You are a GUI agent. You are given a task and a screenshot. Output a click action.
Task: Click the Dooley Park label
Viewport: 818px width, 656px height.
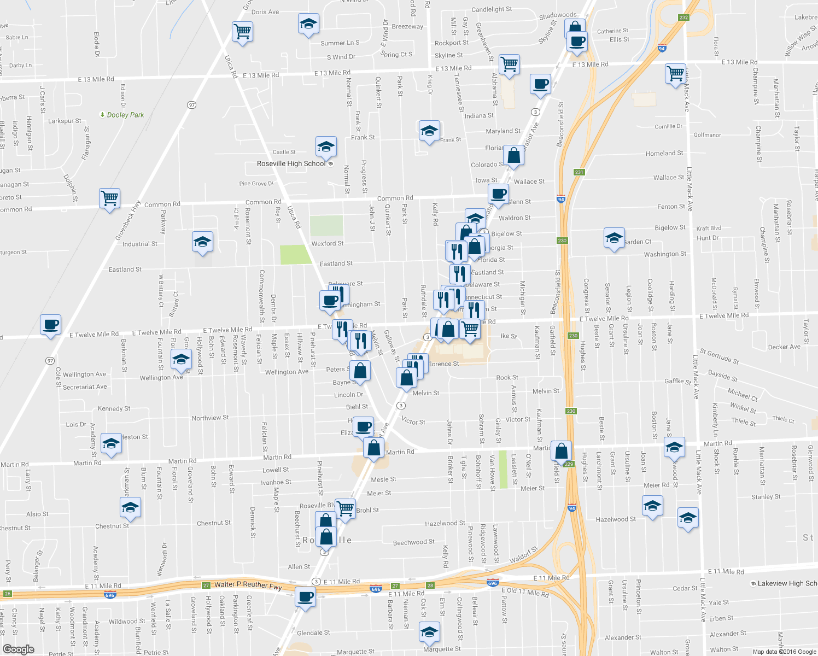pyautogui.click(x=125, y=115)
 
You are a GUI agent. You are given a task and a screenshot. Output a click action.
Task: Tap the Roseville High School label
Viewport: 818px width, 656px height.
pyautogui.click(x=291, y=163)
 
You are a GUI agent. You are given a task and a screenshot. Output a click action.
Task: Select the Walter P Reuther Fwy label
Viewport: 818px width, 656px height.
pyautogui.click(x=248, y=585)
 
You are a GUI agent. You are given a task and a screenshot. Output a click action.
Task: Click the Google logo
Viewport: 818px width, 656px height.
pyautogui.click(x=18, y=649)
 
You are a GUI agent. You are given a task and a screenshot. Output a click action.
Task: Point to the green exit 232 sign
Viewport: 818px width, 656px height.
pyautogui.click(x=683, y=17)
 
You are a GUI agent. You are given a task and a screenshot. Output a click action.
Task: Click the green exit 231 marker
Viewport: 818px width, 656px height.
pyautogui.click(x=580, y=172)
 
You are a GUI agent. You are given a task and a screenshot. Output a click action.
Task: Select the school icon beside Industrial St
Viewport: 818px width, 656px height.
pyautogui.click(x=202, y=242)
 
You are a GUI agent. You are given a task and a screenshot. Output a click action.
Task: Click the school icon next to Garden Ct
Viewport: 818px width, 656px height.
pyautogui.click(x=614, y=238)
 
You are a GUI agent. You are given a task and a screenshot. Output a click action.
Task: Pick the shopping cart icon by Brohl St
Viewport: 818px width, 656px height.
pyautogui.click(x=345, y=508)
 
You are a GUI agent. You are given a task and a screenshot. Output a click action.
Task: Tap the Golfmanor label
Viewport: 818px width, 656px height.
pyautogui.click(x=707, y=135)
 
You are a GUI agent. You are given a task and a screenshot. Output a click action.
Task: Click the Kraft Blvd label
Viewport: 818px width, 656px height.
pyautogui.click(x=709, y=228)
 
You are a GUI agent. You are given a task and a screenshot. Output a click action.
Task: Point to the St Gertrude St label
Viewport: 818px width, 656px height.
pyautogui.click(x=719, y=357)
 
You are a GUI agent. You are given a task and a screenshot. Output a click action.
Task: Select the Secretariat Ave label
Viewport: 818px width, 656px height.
pyautogui.click(x=85, y=386)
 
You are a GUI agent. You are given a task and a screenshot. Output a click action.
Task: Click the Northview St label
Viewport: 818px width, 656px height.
pyautogui.click(x=210, y=418)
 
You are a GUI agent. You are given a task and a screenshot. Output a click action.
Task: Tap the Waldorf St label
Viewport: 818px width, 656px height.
pyautogui.click(x=524, y=555)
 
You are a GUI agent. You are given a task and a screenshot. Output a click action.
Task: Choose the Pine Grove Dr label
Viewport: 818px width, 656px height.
pyautogui.click(x=256, y=184)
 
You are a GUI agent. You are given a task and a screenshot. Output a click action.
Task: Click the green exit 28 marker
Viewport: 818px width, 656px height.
pyautogui.click(x=430, y=585)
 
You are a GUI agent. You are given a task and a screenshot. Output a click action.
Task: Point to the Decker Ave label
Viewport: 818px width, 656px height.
pyautogui.click(x=784, y=347)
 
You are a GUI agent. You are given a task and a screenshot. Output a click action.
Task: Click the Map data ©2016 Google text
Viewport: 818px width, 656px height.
pyautogui.click(x=784, y=651)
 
